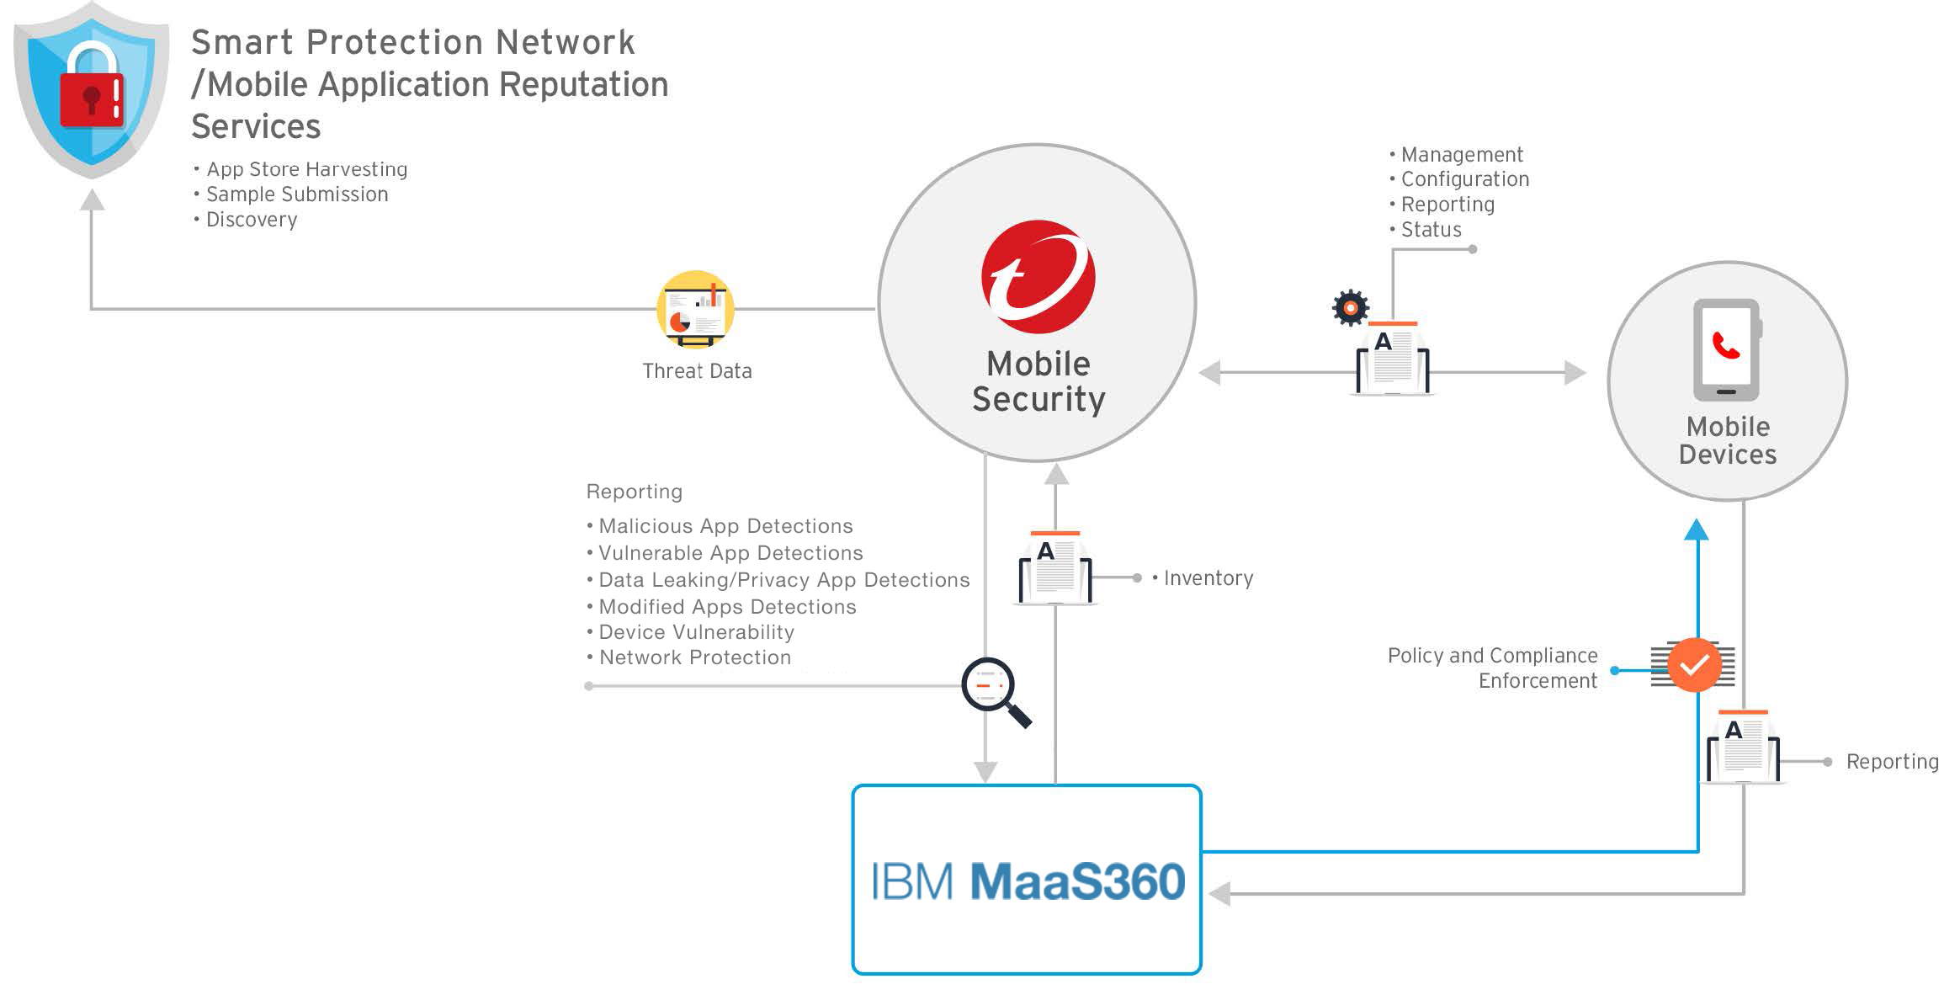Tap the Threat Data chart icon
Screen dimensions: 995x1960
point(695,309)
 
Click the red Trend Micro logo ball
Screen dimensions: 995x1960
point(1038,276)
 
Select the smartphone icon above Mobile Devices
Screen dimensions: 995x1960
point(1726,349)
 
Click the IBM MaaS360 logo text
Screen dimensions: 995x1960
point(1028,881)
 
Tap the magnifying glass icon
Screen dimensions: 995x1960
point(993,689)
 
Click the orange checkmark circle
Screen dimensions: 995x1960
point(1694,665)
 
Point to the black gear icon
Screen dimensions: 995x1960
point(1351,308)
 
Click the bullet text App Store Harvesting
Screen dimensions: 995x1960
point(306,169)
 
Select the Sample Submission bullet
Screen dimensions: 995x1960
point(297,194)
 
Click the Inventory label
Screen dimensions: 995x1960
point(1208,578)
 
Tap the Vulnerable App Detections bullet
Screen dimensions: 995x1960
point(730,553)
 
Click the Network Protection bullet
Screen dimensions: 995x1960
point(694,657)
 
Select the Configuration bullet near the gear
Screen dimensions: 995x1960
point(1464,179)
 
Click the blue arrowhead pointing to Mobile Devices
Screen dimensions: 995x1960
point(1697,529)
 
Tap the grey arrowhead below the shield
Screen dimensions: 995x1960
point(92,200)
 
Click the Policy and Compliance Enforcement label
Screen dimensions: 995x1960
point(1493,668)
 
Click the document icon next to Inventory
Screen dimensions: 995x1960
point(1055,568)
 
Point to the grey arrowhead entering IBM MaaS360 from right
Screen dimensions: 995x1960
point(1220,893)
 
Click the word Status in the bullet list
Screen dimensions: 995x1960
point(1431,230)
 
